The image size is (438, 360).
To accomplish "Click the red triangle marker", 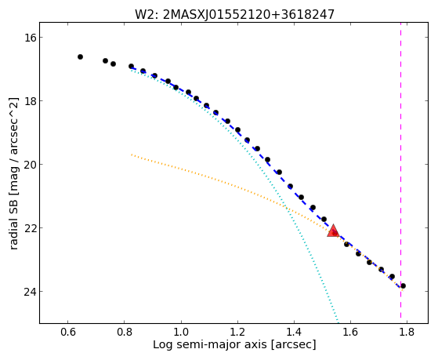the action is pyautogui.click(x=333, y=231).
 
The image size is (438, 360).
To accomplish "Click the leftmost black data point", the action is pyautogui.click(x=80, y=56).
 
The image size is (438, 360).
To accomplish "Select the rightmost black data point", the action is pyautogui.click(x=403, y=285).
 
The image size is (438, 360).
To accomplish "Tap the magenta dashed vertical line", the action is pyautogui.click(x=401, y=170).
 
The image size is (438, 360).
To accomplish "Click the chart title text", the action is pyautogui.click(x=234, y=15).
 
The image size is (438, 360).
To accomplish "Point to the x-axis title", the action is pyautogui.click(x=234, y=344).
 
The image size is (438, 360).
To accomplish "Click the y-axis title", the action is pyautogui.click(x=13, y=173).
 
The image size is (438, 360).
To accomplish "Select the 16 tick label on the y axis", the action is pyautogui.click(x=30, y=37).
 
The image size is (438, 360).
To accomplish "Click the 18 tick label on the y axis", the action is pyautogui.click(x=30, y=100).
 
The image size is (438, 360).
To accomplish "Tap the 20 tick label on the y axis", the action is pyautogui.click(x=30, y=164).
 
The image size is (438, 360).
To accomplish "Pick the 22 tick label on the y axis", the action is pyautogui.click(x=30, y=227).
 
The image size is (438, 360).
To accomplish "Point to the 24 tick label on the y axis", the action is pyautogui.click(x=30, y=292).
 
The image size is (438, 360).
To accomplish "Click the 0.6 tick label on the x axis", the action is pyautogui.click(x=68, y=332).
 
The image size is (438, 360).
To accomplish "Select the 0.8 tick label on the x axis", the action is pyautogui.click(x=125, y=332).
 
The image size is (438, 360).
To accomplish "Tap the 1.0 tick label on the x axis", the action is pyautogui.click(x=181, y=332).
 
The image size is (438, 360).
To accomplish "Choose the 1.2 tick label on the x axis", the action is pyautogui.click(x=237, y=332).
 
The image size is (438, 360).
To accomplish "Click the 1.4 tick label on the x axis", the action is pyautogui.click(x=294, y=332).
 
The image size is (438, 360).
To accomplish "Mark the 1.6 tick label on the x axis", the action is pyautogui.click(x=350, y=332).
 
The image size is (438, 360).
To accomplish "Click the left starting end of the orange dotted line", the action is pyautogui.click(x=132, y=155).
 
